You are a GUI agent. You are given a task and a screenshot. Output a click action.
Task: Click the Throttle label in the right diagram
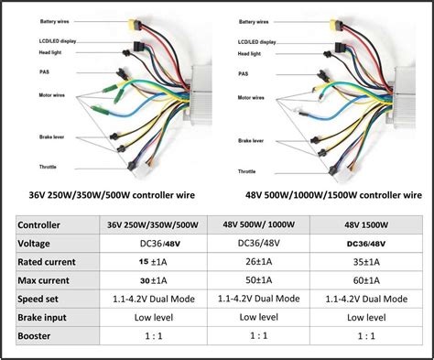(x=246, y=171)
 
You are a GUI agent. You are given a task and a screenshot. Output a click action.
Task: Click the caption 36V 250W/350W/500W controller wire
(x=110, y=195)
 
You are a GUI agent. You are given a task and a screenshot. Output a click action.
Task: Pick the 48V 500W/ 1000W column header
(x=255, y=224)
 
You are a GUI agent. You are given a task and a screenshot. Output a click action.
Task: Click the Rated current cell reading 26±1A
(x=255, y=262)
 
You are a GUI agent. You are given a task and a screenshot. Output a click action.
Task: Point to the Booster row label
(x=37, y=336)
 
